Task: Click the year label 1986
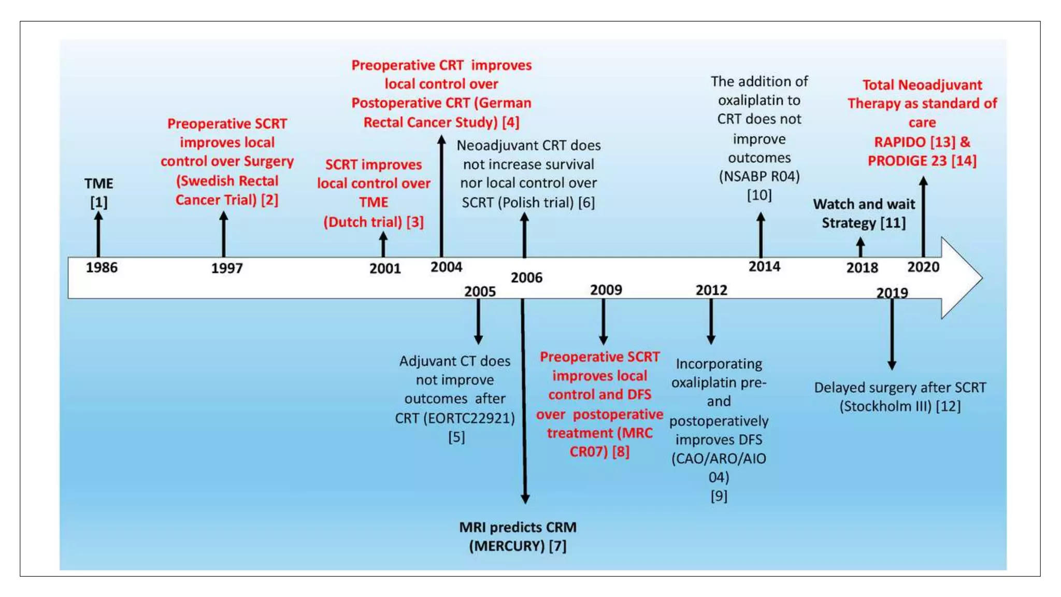[x=102, y=267]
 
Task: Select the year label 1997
[x=227, y=268]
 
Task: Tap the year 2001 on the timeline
[x=385, y=268]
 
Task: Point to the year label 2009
[x=606, y=290]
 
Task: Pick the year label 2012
[x=711, y=290]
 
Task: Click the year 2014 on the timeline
[x=764, y=266]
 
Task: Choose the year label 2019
[x=892, y=293]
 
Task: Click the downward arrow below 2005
[x=478, y=321]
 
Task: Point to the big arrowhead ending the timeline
[x=962, y=278]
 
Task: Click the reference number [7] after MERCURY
[x=557, y=546]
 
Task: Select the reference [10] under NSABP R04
[x=759, y=195]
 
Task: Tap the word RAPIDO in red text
[x=900, y=142]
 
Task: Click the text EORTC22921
[x=469, y=418]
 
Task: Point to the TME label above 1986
[x=99, y=183]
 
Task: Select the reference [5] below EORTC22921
[x=456, y=437]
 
